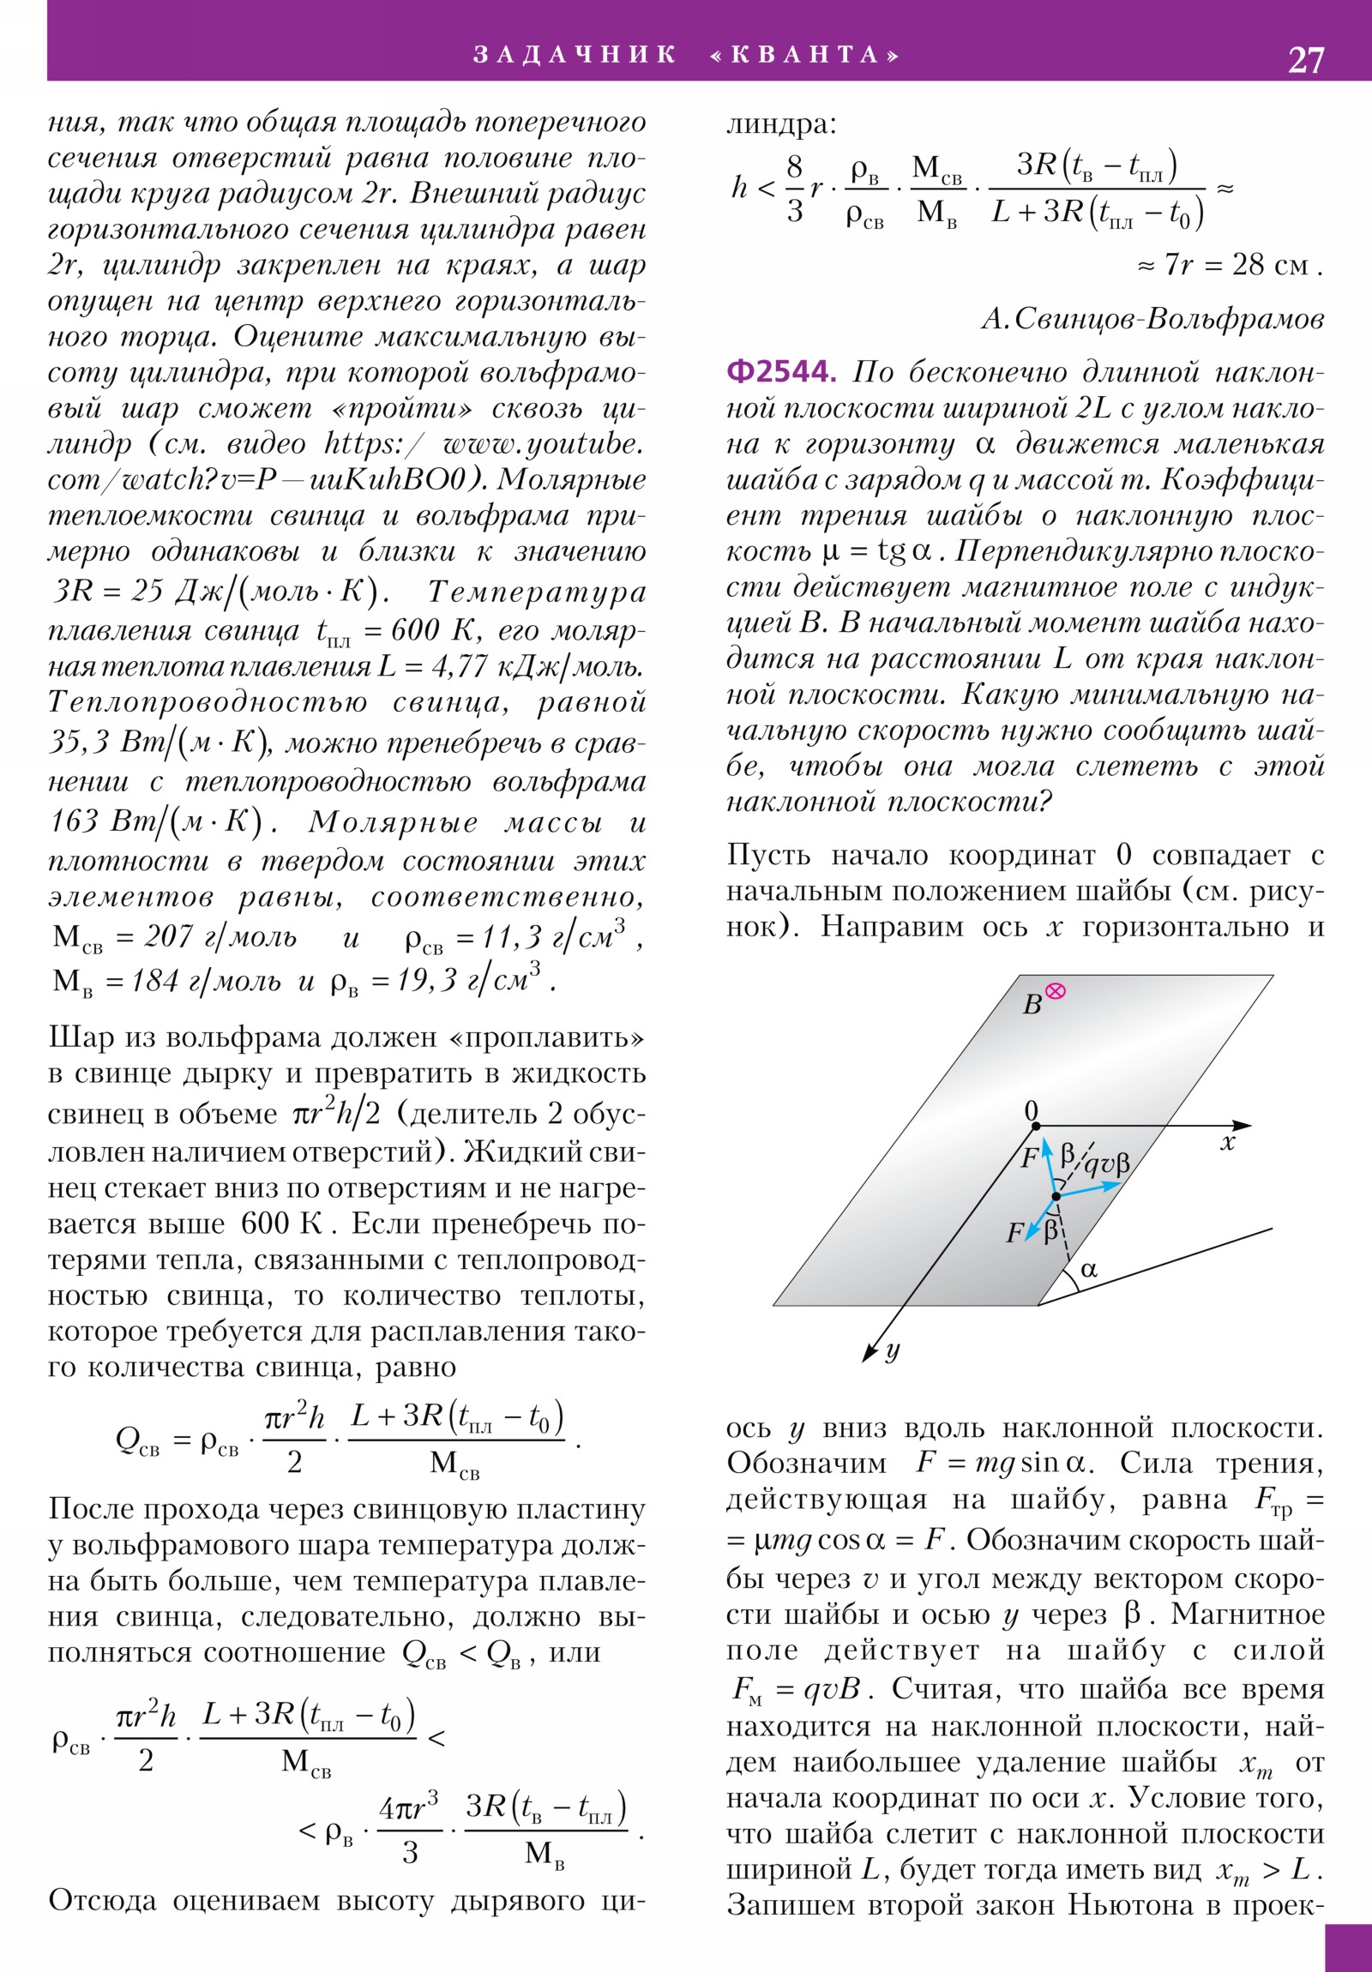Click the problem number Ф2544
(x=780, y=372)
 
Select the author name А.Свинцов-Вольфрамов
(x=1152, y=319)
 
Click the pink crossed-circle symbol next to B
(x=1055, y=991)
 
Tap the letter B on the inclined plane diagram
(x=1032, y=1004)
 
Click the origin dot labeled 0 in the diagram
(x=1036, y=1125)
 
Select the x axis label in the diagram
(x=1228, y=1143)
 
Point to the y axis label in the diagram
(x=893, y=1350)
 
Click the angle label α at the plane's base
(x=1089, y=1270)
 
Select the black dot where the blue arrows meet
(x=1056, y=1195)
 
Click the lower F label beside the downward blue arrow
(x=1014, y=1234)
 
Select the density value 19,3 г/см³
(x=469, y=980)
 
